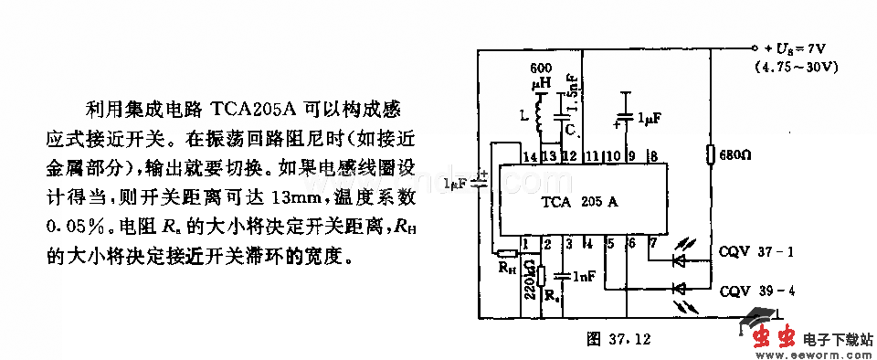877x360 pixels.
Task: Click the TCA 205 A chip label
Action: click(580, 202)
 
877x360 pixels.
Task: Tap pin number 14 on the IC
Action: click(528, 157)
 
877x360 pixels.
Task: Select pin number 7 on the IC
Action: click(652, 242)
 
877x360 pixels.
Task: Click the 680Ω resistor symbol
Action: click(710, 155)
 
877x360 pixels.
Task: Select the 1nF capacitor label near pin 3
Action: click(586, 274)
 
